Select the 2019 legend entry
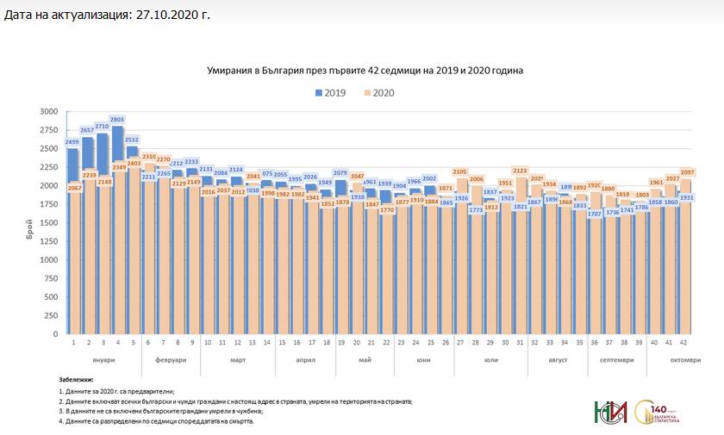point(330,92)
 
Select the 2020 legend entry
point(378,92)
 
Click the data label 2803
point(117,119)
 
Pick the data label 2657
point(87,129)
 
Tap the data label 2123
point(520,170)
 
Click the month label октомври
point(685,359)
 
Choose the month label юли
point(490,359)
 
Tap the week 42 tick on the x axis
point(683,342)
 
